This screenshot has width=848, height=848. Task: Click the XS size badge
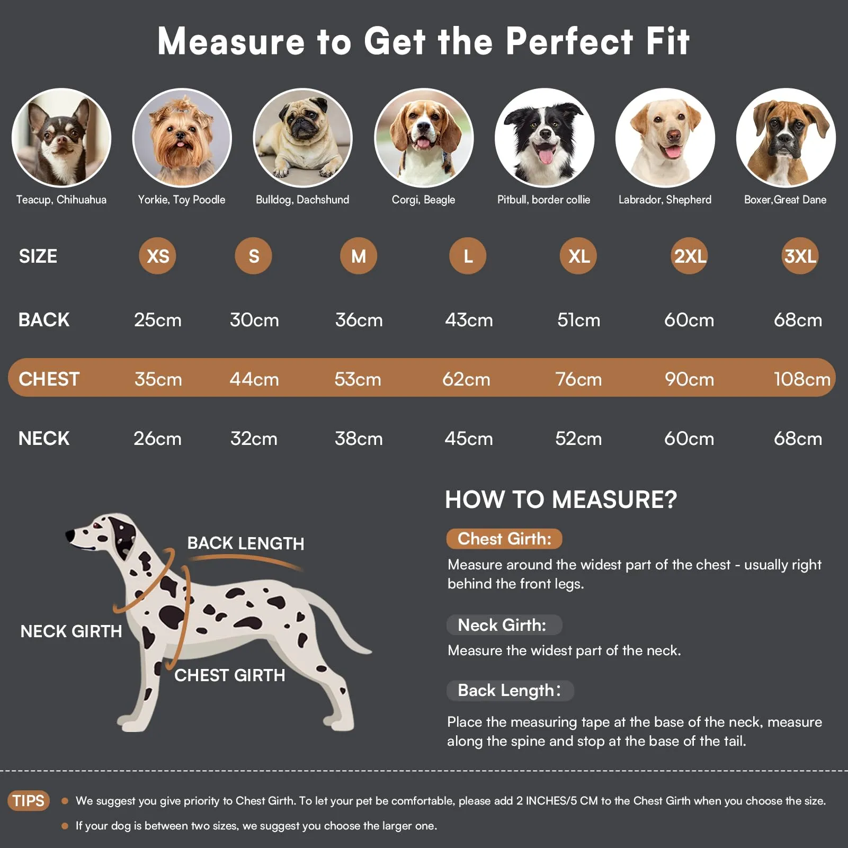point(157,256)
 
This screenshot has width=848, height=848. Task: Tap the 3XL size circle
point(800,256)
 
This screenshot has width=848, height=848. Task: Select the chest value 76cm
point(578,379)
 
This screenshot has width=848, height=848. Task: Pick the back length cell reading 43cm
point(469,320)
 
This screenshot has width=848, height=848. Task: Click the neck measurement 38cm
point(359,439)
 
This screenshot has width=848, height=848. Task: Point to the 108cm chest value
point(802,379)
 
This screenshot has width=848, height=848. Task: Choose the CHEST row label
point(49,379)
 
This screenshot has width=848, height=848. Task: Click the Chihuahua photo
point(61,138)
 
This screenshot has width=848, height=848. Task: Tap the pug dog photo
point(303,138)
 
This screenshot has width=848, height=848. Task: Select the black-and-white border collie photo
point(544,138)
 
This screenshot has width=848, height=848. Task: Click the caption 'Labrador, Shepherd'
point(665,200)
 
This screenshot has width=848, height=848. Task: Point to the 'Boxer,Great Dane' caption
point(785,200)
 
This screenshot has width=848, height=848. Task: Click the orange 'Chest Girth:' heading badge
point(504,539)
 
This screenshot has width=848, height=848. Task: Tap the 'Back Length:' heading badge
point(510,691)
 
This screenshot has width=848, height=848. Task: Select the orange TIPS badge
point(29,800)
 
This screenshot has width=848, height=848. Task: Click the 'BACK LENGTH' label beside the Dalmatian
point(246,543)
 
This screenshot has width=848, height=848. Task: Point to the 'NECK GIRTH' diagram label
point(71,631)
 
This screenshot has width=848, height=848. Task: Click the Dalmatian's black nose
point(69,536)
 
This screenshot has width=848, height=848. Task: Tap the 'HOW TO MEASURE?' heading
point(561,499)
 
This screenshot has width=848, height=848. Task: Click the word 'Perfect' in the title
point(569,41)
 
